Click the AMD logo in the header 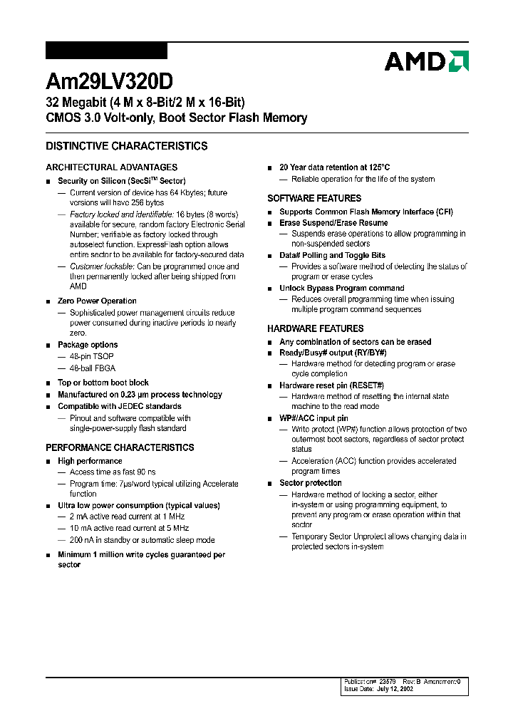pyautogui.click(x=426, y=61)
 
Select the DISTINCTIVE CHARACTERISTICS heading pyautogui.click(x=127, y=146)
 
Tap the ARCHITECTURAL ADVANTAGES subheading pyautogui.click(x=112, y=167)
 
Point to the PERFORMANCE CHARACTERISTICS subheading pyautogui.click(x=120, y=447)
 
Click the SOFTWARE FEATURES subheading pyautogui.click(x=314, y=198)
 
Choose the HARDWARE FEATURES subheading pyautogui.click(x=315, y=328)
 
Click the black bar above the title pyautogui.click(x=106, y=51)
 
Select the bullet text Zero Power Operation pyautogui.click(x=97, y=301)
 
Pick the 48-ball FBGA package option pyautogui.click(x=92, y=368)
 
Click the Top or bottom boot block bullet pyautogui.click(x=103, y=383)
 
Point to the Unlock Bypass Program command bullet pyautogui.click(x=341, y=289)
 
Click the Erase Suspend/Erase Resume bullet pyautogui.click(x=333, y=223)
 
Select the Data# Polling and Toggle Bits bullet pyautogui.click(x=332, y=255)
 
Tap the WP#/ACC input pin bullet pyautogui.click(x=313, y=418)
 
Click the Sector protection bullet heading pyautogui.click(x=310, y=483)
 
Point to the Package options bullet pyautogui.click(x=88, y=345)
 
